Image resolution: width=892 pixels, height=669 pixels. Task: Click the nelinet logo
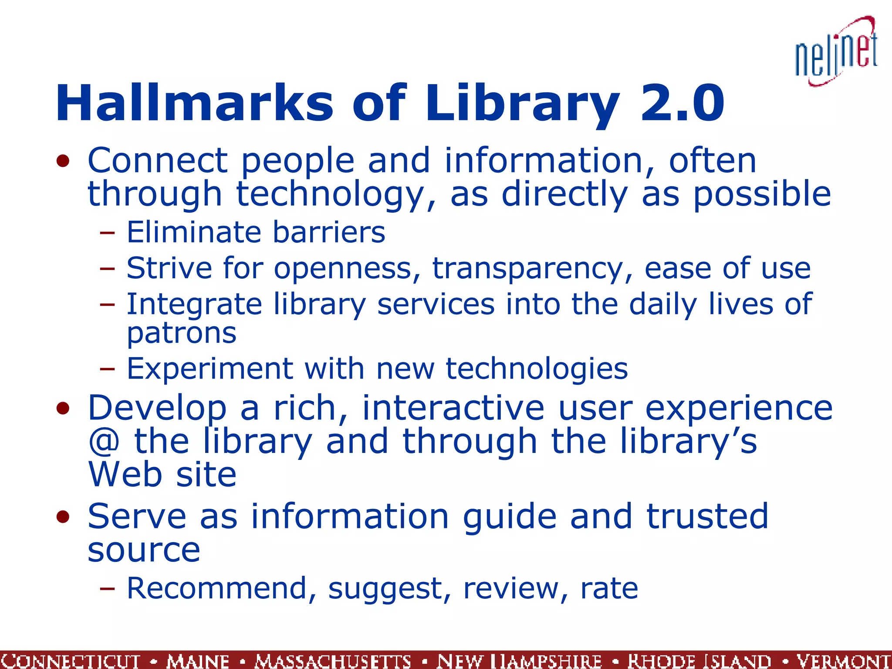coord(836,51)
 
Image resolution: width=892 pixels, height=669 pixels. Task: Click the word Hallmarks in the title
coord(194,104)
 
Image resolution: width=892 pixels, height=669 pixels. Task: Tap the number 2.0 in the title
coord(682,104)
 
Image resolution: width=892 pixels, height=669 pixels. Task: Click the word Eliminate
coord(193,232)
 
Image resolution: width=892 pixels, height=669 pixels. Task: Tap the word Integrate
coord(194,304)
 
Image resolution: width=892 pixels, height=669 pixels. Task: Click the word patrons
coord(182,334)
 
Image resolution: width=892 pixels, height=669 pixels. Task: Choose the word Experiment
coord(210,369)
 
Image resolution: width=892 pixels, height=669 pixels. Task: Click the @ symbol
coord(104,442)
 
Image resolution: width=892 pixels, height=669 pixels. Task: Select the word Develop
coord(157,409)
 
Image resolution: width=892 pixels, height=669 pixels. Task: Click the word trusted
coord(707,517)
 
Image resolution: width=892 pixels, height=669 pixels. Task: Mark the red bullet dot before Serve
coord(63,517)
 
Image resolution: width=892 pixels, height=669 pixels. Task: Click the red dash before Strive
coord(107,269)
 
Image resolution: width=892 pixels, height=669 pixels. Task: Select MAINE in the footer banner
coord(198,661)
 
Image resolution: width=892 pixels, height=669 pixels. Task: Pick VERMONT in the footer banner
coord(843,661)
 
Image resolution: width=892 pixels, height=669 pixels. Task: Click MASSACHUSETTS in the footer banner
coord(333,661)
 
